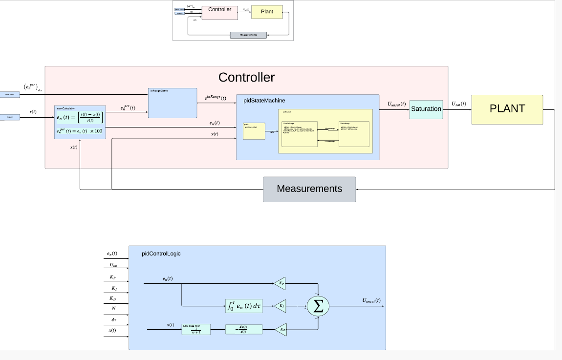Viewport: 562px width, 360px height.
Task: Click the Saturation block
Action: point(426,109)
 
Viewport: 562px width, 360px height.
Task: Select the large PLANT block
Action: point(507,109)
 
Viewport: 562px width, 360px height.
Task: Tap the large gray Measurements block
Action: point(309,189)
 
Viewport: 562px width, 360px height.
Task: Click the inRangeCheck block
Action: point(173,103)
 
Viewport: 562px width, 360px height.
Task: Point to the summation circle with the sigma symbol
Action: point(318,307)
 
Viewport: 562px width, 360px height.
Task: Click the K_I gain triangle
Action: point(280,306)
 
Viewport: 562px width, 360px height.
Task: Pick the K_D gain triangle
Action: point(280,330)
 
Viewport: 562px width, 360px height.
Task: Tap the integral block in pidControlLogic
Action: point(244,306)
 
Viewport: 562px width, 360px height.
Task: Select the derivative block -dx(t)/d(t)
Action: point(243,330)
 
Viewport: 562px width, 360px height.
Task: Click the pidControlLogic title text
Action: point(161,254)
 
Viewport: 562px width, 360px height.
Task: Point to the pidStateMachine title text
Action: point(264,100)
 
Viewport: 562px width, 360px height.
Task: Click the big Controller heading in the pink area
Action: point(246,77)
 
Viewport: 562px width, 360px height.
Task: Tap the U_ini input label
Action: point(113,266)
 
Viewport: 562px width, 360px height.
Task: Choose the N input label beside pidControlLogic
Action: point(113,308)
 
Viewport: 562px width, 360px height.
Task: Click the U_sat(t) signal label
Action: point(458,104)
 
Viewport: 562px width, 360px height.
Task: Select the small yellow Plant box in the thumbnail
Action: point(267,12)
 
